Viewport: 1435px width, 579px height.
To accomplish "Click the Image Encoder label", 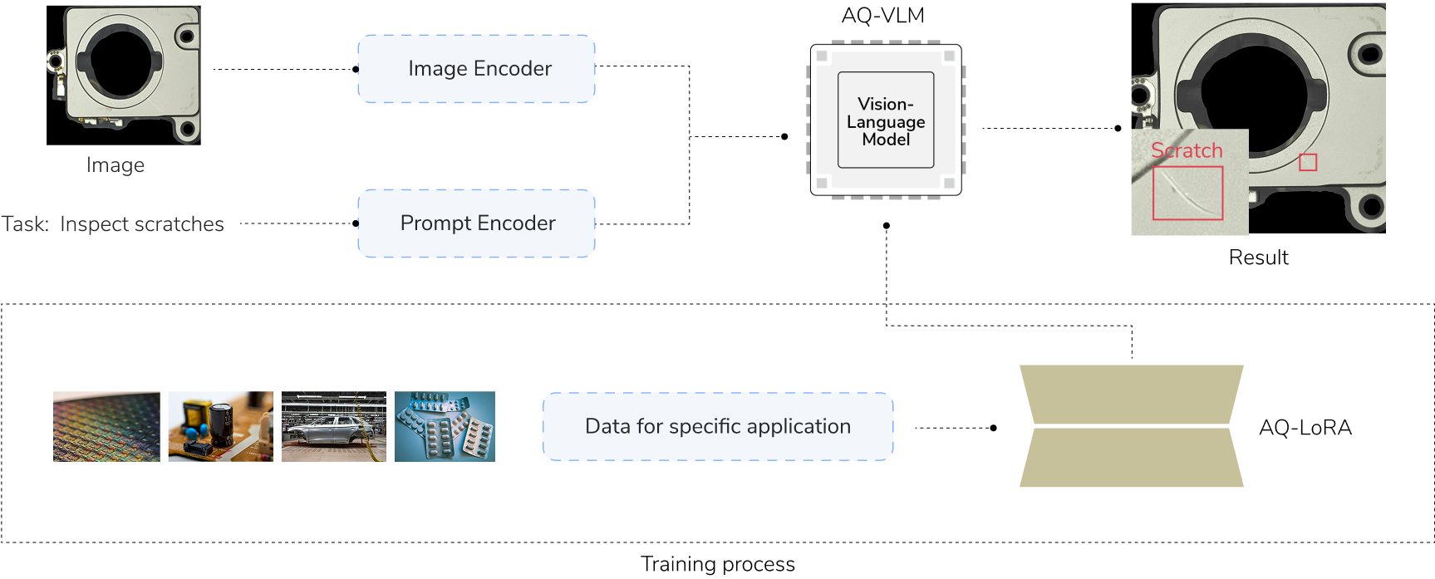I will point(479,69).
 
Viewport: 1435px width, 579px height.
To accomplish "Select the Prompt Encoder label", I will point(478,223).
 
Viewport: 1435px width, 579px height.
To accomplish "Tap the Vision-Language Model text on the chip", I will point(886,121).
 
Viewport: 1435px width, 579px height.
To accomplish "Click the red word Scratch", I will point(1187,150).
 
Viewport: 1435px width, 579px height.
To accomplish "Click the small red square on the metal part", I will point(1308,162).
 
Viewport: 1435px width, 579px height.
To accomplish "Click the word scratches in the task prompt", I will point(179,225).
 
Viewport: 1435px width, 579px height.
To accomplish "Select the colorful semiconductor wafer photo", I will point(110,427).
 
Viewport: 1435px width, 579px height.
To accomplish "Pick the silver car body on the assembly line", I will point(332,432).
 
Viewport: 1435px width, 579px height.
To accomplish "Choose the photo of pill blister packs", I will point(445,427).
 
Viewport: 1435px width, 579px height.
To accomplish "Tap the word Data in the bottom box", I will point(607,427).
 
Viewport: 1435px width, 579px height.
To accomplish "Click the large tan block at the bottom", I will point(1131,399).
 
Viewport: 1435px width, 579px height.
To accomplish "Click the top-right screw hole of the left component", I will point(188,37).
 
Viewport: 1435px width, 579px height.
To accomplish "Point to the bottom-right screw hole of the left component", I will point(188,129).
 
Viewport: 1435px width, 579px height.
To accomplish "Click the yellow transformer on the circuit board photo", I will point(198,412).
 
